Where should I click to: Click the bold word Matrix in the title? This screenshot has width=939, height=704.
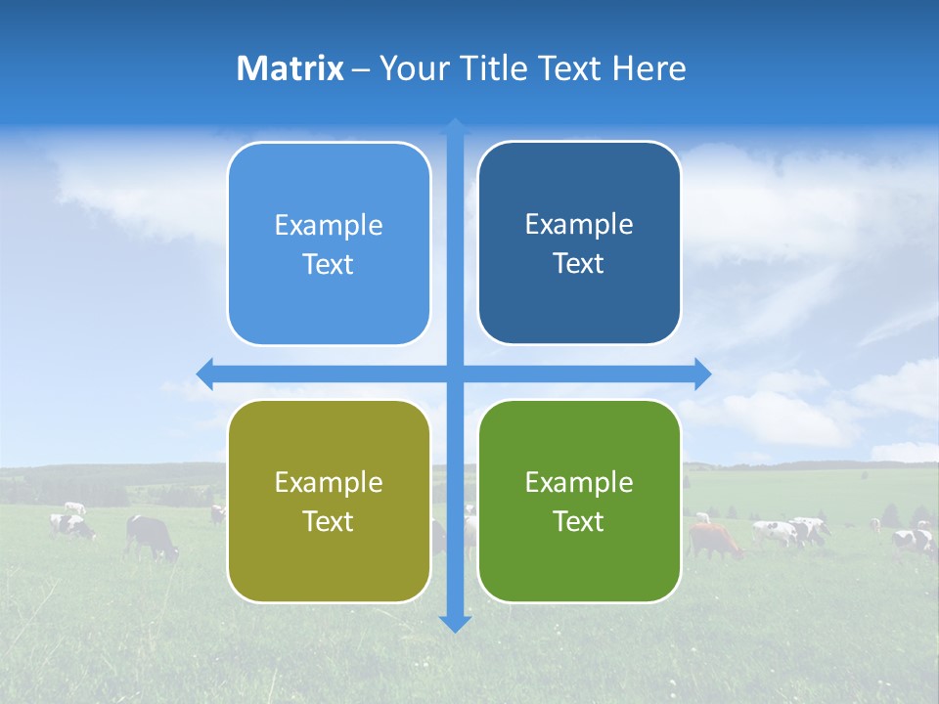coord(290,68)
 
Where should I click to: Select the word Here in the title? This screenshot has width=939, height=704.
coord(648,68)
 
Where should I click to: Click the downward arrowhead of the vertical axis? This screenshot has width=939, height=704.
coord(455,623)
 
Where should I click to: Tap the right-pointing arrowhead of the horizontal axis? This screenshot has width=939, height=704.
coord(702,374)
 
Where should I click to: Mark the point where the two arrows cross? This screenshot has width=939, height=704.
coord(455,374)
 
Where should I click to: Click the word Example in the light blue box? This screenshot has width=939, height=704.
coord(329,225)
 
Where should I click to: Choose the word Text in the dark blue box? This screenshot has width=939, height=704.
coord(579,264)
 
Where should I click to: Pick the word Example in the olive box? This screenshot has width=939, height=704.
coord(329,482)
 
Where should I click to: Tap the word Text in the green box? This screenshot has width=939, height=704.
coord(579,521)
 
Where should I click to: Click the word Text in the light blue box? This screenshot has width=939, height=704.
coord(329,265)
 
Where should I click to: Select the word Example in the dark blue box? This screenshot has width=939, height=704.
coord(579,224)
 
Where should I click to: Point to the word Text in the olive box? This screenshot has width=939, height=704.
coord(329,521)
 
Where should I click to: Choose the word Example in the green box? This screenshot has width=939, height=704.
coord(579,482)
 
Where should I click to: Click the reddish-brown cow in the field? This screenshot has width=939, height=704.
coord(714,539)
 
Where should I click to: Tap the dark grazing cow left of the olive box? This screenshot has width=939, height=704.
coord(152,536)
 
